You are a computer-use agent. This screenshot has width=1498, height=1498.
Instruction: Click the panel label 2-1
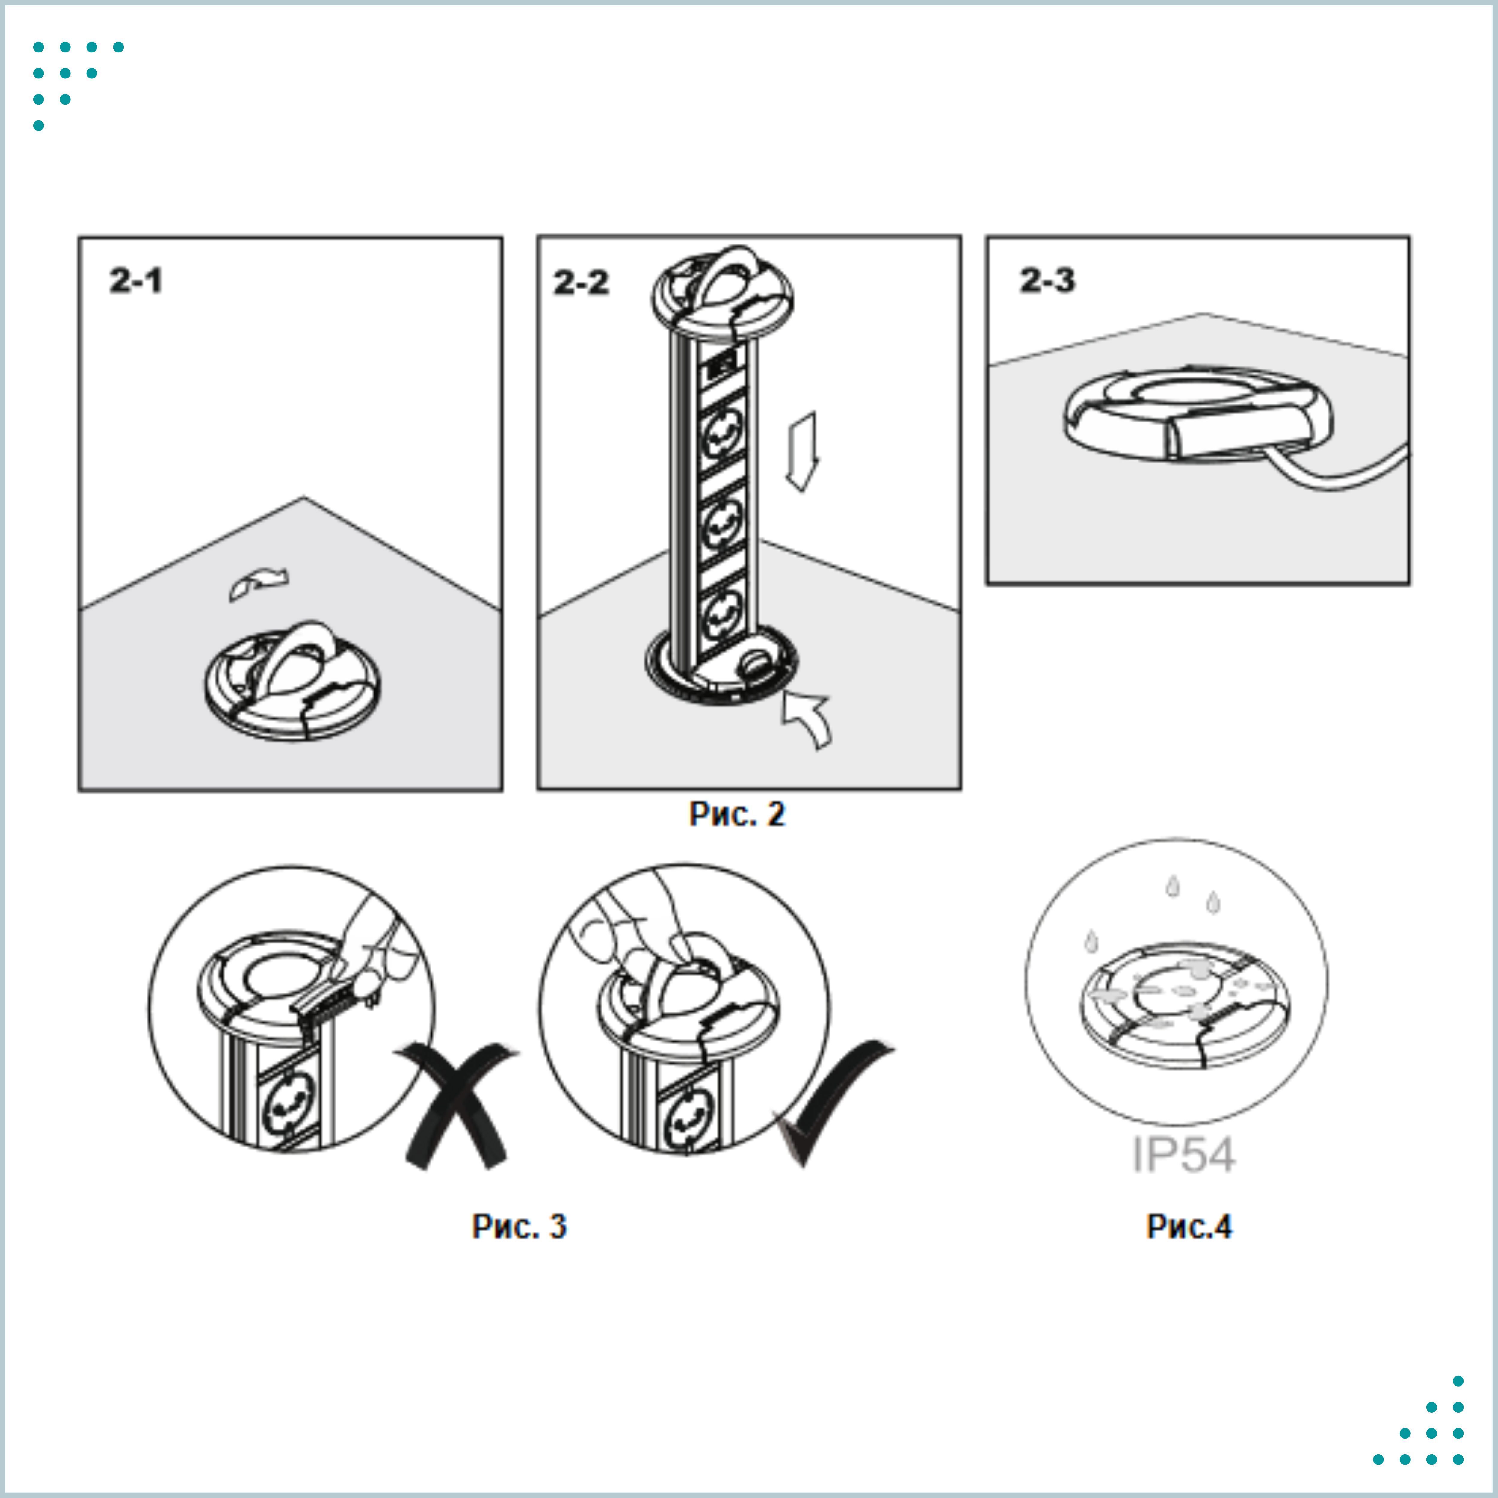136,281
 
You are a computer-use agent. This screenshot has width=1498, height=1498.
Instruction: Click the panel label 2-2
581,282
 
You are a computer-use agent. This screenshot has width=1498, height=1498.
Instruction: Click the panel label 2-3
1047,280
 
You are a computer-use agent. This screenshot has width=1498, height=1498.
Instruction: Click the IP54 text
1183,1155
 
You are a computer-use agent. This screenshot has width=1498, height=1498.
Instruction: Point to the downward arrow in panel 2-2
802,452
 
